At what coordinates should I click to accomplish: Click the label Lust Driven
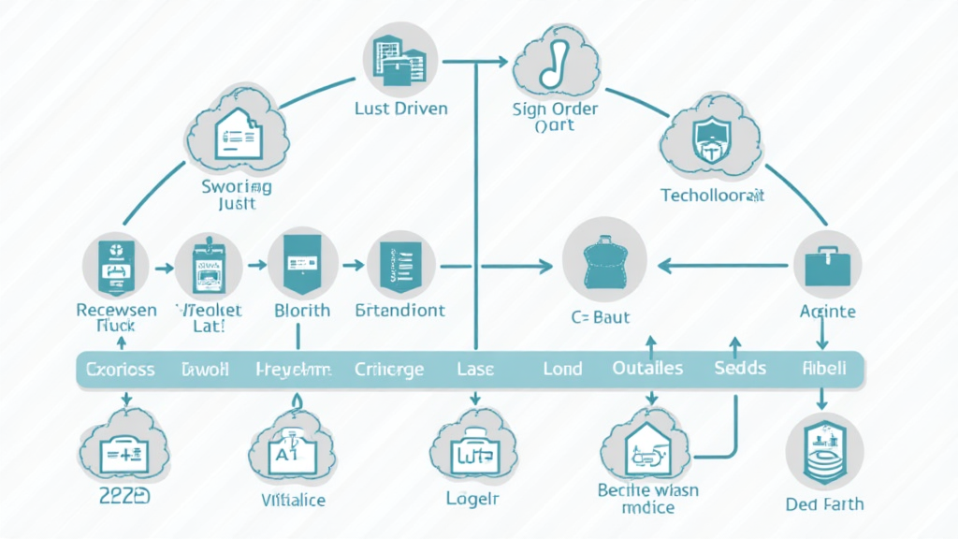[401, 109]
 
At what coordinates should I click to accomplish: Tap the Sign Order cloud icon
[555, 62]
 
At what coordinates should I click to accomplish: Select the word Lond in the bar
[562, 369]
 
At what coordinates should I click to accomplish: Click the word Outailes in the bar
[646, 369]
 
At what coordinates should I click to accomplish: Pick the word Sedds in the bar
[739, 369]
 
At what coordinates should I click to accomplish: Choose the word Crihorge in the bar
[390, 369]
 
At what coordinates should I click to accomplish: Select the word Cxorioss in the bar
[120, 369]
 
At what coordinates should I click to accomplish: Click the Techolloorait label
[713, 196]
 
